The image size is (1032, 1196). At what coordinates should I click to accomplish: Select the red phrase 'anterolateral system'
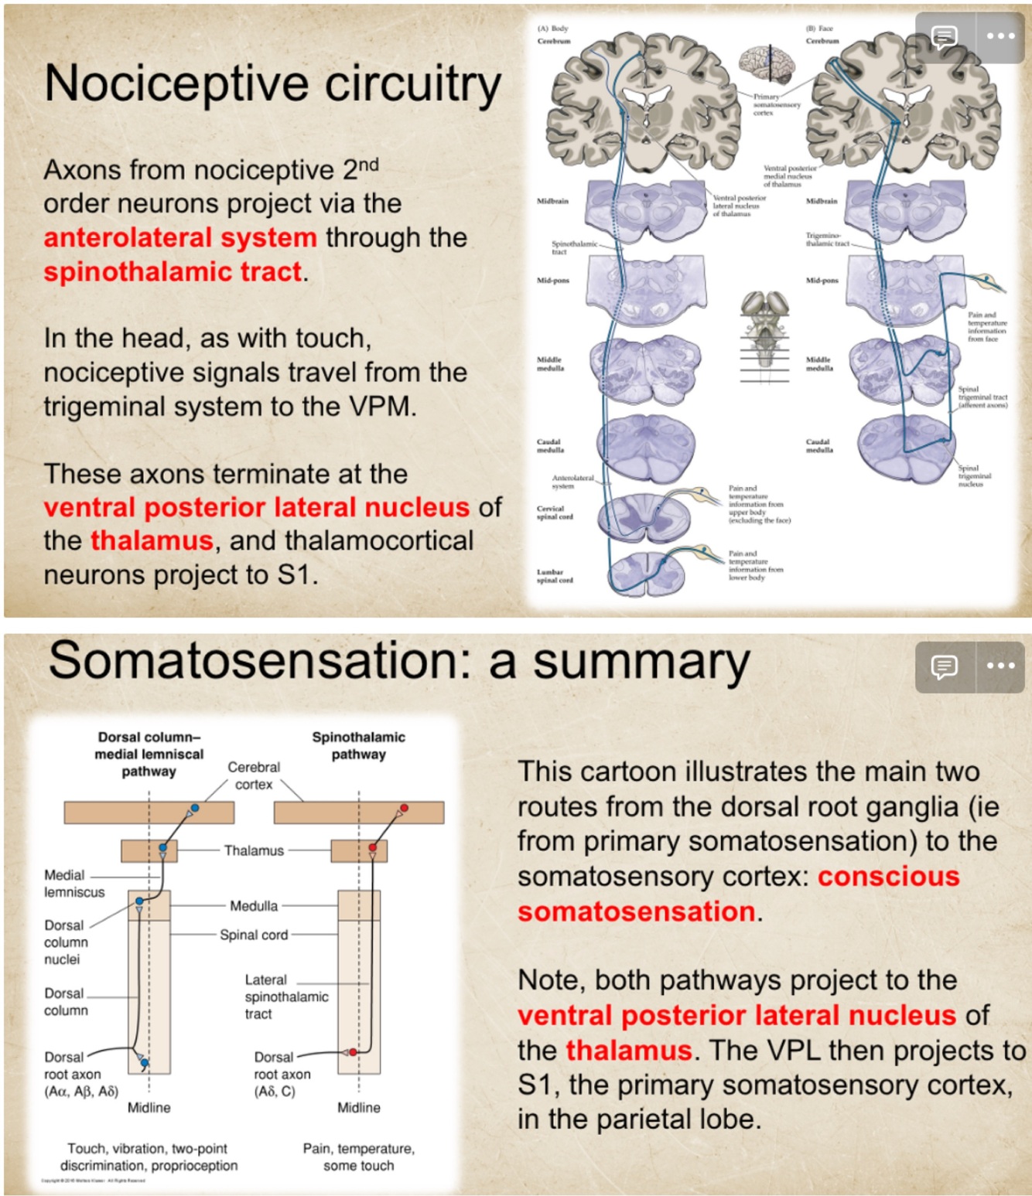click(x=179, y=237)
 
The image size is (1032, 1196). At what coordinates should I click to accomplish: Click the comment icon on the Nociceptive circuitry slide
click(x=943, y=36)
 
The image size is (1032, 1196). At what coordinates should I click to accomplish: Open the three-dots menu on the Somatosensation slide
click(x=1000, y=666)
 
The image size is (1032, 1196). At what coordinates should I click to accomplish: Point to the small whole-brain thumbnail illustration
click(x=766, y=64)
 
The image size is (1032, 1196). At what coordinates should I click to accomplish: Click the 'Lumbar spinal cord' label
click(x=555, y=576)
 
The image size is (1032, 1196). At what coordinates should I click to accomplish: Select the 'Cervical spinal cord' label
click(x=555, y=513)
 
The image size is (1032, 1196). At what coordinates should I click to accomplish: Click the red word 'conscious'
click(x=888, y=876)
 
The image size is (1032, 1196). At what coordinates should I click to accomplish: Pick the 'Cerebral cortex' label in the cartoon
click(x=254, y=775)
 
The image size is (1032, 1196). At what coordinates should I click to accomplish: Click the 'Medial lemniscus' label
click(x=73, y=884)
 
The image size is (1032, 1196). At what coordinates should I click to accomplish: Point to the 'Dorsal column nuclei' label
click(x=66, y=942)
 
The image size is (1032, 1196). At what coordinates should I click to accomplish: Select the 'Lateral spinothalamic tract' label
click(x=285, y=997)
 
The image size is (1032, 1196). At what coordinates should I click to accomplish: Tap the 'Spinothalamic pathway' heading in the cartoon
click(x=358, y=745)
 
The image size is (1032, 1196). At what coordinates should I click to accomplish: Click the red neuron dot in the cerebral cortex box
click(x=404, y=808)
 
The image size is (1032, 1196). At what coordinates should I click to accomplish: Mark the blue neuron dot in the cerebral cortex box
click(x=195, y=808)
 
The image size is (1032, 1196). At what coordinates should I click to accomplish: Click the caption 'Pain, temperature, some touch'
click(x=358, y=1157)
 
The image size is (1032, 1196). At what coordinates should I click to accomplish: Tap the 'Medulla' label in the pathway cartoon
click(x=253, y=905)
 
